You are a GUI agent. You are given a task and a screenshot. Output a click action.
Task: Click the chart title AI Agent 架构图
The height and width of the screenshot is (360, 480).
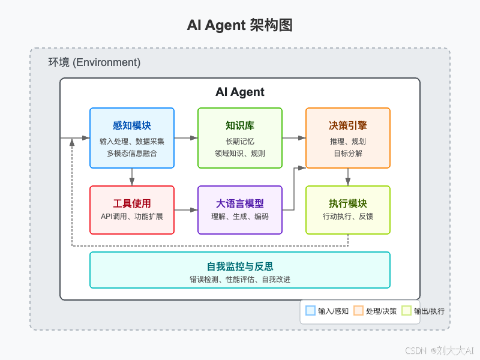click(239, 25)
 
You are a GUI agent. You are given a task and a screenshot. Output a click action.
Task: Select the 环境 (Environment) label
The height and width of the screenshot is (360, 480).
click(94, 62)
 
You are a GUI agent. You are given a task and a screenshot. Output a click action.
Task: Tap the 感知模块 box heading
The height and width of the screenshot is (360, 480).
click(132, 125)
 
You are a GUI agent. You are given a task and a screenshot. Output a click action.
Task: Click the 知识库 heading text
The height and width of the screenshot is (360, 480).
click(240, 125)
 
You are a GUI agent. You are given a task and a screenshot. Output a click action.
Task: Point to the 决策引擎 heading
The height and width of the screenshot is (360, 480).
click(348, 125)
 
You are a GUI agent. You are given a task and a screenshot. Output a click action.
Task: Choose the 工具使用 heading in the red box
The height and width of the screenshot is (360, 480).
click(132, 203)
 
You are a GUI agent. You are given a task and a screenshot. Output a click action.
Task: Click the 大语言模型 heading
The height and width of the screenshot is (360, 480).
click(240, 203)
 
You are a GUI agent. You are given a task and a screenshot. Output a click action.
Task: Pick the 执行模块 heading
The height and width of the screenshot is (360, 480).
click(348, 203)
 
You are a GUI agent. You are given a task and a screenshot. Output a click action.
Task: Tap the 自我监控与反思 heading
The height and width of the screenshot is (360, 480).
click(240, 266)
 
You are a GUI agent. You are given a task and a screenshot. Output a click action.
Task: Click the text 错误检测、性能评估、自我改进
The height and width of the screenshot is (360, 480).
click(240, 279)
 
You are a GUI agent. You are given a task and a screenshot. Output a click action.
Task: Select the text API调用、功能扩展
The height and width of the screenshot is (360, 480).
click(132, 216)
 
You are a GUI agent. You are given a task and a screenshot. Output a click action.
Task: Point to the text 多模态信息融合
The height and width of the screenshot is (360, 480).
click(132, 154)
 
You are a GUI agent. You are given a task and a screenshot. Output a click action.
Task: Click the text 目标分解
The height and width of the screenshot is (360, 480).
click(348, 154)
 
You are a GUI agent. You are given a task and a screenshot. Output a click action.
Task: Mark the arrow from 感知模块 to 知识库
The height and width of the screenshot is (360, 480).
click(186, 138)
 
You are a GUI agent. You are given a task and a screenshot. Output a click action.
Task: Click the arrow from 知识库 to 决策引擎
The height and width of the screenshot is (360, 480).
click(294, 138)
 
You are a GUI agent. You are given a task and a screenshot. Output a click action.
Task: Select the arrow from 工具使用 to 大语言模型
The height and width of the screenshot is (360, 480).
click(186, 210)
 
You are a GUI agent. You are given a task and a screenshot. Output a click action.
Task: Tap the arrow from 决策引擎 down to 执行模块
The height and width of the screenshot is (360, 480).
click(348, 176)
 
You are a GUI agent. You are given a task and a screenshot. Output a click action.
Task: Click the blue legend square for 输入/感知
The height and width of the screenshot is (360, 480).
click(310, 311)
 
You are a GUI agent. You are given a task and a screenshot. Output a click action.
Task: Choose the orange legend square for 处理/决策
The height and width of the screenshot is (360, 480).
click(358, 311)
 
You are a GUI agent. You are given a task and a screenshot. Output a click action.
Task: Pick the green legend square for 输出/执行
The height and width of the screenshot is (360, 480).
click(406, 311)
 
